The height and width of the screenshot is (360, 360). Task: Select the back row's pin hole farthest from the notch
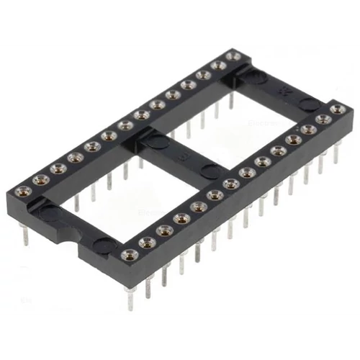(233, 55)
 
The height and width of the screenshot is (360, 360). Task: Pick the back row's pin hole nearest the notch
(21, 192)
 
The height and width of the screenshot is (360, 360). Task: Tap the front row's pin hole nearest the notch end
(130, 254)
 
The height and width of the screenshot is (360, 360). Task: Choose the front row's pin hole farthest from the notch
(338, 109)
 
